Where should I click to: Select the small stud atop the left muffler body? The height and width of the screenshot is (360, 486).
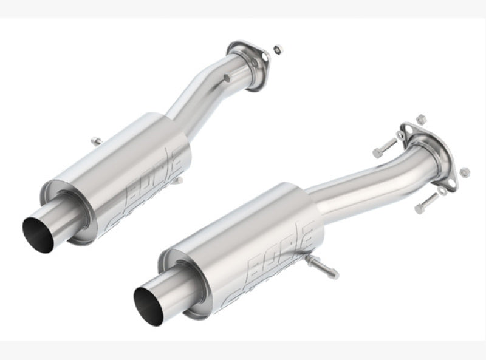tap(96, 141)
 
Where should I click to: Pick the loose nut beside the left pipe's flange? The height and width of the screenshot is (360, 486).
tap(277, 48)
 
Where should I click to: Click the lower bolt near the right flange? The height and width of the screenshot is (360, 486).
tap(425, 203)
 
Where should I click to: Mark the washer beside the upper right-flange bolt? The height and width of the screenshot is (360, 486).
tap(400, 135)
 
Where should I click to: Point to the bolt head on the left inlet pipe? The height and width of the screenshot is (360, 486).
tap(226, 78)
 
